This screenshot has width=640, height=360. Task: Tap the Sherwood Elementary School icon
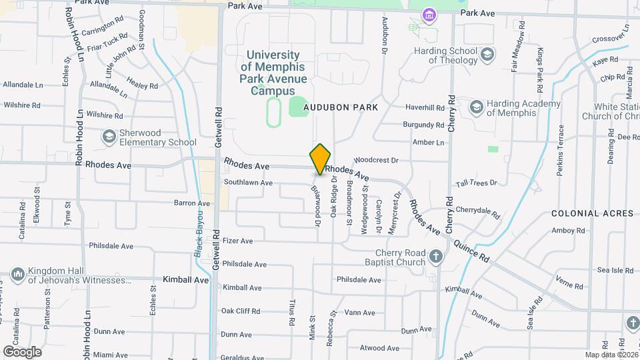click(109, 136)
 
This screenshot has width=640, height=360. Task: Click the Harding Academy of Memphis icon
click(476, 107)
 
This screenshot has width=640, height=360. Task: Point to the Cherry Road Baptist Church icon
click(435, 257)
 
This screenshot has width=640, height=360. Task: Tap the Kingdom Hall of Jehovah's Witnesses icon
click(18, 275)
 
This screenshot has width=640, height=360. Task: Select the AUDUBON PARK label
click(341, 107)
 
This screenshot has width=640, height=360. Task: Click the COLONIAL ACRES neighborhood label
click(592, 213)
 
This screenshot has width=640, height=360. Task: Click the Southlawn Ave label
click(248, 183)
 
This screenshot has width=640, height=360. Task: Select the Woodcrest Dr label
click(375, 161)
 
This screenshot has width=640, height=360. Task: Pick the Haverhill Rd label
click(425, 107)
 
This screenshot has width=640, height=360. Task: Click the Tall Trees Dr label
click(476, 183)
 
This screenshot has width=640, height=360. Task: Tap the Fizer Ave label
click(238, 241)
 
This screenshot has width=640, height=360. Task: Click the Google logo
click(22, 351)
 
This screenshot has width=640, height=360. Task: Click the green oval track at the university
click(273, 112)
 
